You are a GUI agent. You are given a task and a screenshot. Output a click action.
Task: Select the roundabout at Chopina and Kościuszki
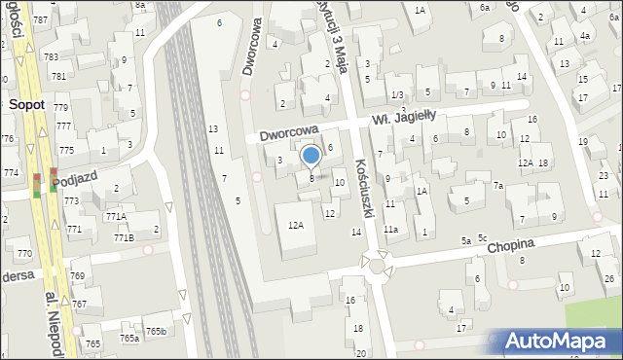[376, 264]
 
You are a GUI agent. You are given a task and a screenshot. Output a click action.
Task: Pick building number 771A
[117, 217]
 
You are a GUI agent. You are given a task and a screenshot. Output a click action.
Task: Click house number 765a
[129, 338]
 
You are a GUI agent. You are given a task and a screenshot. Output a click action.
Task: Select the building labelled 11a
[390, 230]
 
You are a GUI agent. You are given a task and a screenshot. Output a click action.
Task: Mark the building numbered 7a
[497, 185]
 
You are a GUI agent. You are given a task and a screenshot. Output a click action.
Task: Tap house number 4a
[585, 36]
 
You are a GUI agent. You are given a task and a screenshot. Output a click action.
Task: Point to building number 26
[609, 279]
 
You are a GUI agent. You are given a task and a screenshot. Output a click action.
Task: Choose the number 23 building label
[604, 175]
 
